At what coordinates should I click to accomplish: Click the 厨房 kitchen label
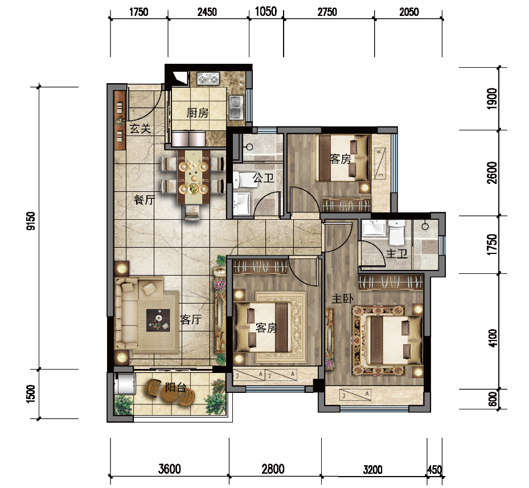coord(198,113)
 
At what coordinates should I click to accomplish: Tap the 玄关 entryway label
coord(140,129)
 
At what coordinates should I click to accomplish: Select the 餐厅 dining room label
coord(145,199)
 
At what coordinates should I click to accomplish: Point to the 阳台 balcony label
coord(175,387)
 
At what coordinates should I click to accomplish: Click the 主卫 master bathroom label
coord(397,253)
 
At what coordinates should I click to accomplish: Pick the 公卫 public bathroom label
coord(263,178)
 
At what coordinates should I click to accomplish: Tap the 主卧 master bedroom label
coord(342,299)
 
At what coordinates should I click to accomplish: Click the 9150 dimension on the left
coord(31,221)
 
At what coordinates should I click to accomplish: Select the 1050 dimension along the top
coord(266,11)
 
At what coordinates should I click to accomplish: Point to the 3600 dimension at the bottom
coord(170,469)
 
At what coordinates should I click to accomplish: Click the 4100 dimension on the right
coord(493,338)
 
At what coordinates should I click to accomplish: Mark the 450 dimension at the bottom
coord(434,469)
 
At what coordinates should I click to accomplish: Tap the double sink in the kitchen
coord(236,107)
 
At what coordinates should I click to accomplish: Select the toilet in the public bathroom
coord(240,180)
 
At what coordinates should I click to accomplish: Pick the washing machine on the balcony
coord(125,384)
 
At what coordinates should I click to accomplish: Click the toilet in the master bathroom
coord(397,232)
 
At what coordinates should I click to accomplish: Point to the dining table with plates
coord(193,177)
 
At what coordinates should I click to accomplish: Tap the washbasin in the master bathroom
coord(374,227)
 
